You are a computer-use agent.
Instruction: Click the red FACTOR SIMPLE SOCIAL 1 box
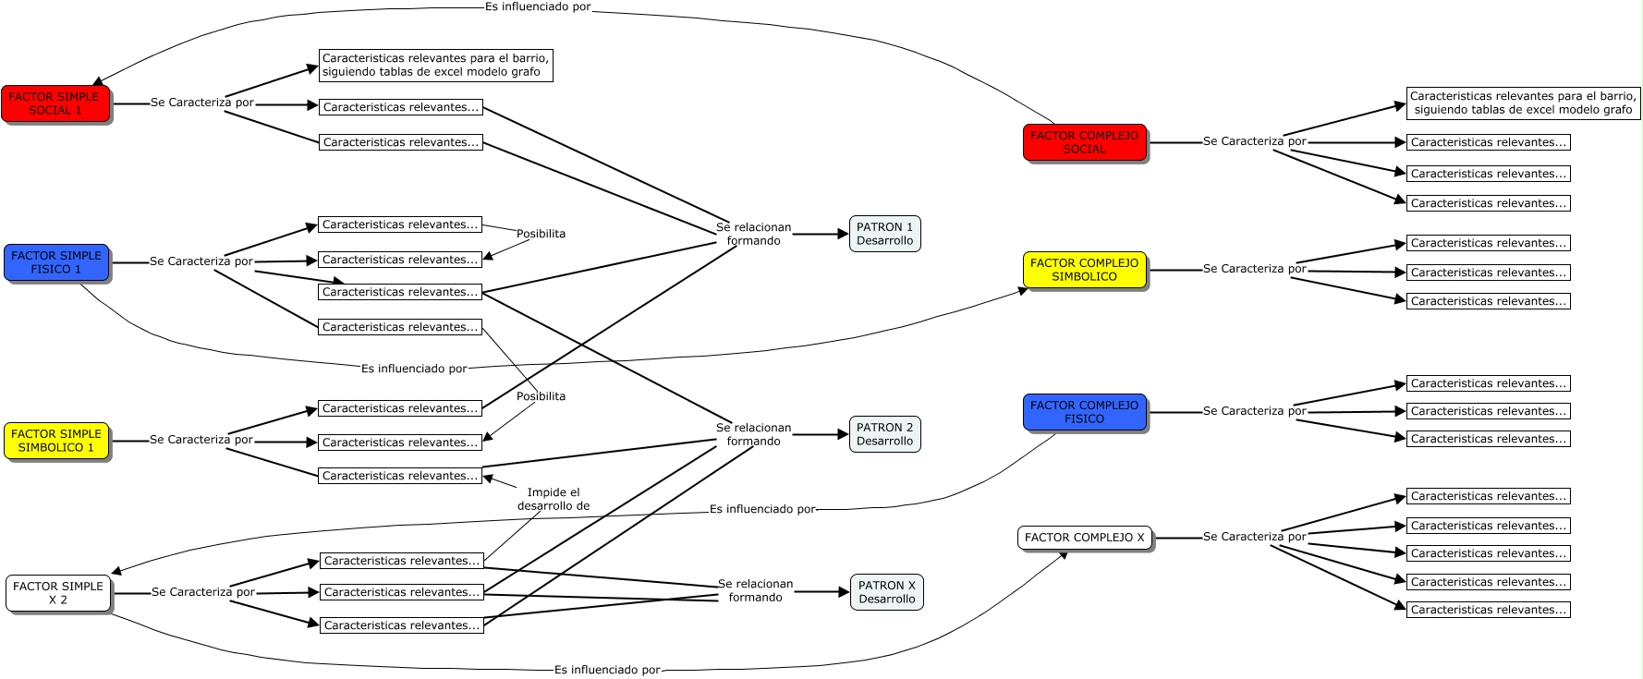click(55, 103)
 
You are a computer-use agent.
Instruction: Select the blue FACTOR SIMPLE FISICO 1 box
click(56, 262)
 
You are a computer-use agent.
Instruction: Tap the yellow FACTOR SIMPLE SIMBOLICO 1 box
click(56, 441)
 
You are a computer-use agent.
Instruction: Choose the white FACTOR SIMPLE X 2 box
click(58, 593)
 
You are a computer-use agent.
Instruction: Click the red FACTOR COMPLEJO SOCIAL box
click(1084, 142)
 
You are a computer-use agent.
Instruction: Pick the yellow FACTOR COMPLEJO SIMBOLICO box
click(1084, 270)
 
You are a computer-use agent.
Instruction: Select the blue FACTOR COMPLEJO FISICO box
click(1084, 412)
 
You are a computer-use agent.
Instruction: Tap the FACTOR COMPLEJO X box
click(1084, 538)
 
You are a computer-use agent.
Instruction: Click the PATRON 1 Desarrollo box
click(884, 234)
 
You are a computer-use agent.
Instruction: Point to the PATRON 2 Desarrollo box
click(884, 434)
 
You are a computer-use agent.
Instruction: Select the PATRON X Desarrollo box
click(886, 592)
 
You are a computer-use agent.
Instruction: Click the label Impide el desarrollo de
click(554, 499)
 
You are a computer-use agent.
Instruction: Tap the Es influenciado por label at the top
click(537, 7)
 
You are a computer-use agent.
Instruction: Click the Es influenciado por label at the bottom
click(607, 670)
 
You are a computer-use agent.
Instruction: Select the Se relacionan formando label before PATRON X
click(755, 590)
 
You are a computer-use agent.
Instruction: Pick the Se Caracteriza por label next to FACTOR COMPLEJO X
click(1254, 537)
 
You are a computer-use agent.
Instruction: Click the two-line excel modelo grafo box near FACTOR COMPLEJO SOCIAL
click(1523, 103)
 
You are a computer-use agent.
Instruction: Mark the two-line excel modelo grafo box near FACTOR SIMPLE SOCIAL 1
click(435, 65)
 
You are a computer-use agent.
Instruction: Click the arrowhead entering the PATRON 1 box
click(843, 234)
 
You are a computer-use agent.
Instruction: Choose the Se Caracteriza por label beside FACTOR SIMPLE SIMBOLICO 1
click(201, 440)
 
